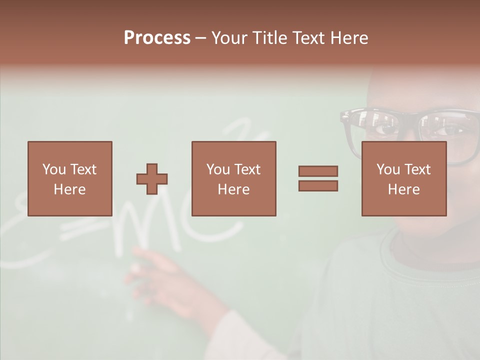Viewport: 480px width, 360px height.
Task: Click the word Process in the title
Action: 157,38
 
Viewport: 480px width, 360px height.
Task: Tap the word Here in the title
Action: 349,38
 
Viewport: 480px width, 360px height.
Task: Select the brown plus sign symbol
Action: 152,179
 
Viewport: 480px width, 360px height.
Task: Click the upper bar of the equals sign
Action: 318,171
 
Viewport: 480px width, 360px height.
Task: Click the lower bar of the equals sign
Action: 318,186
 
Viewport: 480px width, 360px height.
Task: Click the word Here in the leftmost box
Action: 69,189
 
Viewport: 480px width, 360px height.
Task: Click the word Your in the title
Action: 229,38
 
